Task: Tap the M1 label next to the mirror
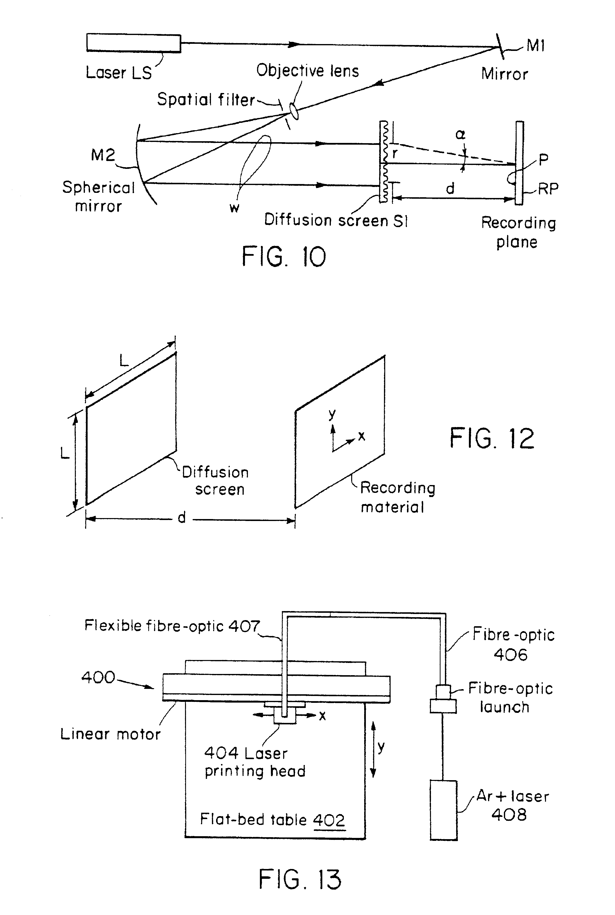(x=535, y=46)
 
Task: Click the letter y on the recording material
(x=332, y=414)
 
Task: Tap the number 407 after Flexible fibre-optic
(x=244, y=625)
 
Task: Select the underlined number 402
(x=329, y=820)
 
